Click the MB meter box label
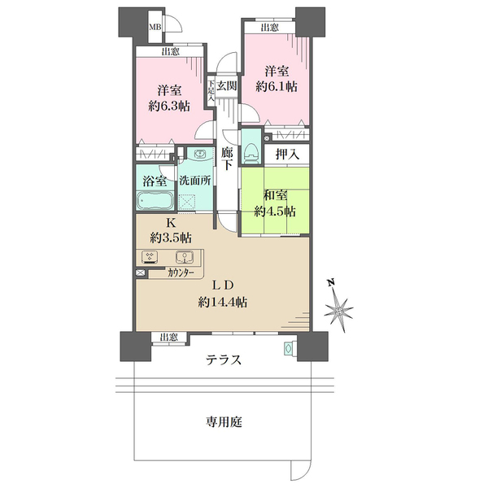coord(154,27)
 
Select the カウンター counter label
coord(181,274)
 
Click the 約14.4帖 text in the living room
coord(223,302)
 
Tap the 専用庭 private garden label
coord(224,423)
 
